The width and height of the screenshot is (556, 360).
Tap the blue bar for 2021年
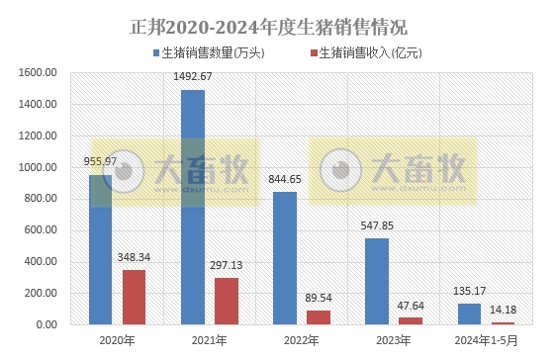pos(193,207)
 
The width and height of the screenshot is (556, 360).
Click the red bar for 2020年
pos(134,297)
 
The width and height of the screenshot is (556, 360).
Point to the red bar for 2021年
pos(227,301)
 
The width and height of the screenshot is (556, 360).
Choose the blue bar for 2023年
pos(377,281)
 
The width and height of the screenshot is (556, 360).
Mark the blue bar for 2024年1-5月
pos(469,314)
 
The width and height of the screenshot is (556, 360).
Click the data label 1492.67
pos(193,77)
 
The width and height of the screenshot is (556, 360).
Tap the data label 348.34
pos(134,257)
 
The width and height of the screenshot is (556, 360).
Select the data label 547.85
pos(377,225)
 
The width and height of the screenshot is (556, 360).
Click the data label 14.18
pos(503,310)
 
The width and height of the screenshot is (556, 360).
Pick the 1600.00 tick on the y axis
pos(39,72)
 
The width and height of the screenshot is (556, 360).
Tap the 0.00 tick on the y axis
pos(46,324)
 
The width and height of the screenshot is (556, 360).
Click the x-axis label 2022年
pos(302,341)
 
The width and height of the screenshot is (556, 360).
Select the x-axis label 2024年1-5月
pos(486,341)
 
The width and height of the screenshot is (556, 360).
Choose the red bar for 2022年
pos(319,317)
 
